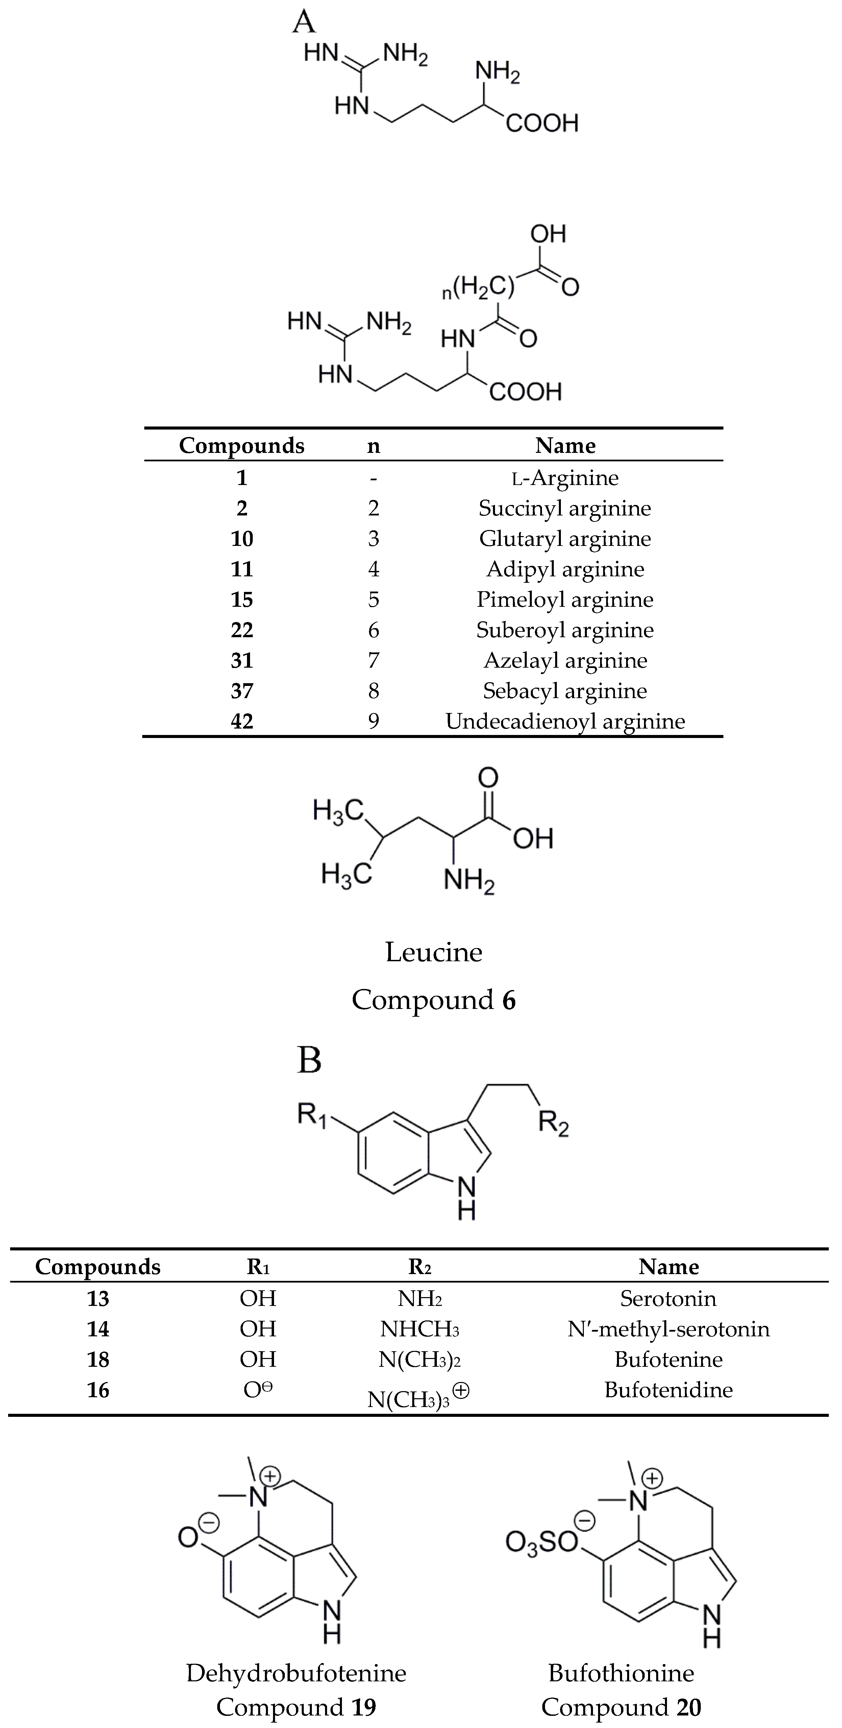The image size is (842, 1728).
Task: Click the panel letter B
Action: [309, 1061]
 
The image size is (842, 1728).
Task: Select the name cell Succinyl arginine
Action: [565, 508]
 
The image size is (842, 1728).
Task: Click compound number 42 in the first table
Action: [242, 721]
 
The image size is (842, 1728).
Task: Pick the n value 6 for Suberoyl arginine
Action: [373, 630]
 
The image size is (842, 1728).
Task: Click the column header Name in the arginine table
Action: [565, 445]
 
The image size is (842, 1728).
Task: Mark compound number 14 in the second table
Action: [98, 1329]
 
